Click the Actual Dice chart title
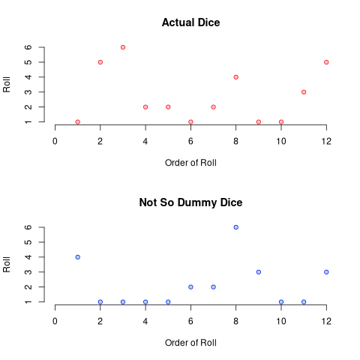tap(190, 22)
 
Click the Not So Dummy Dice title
tap(190, 202)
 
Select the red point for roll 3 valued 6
tap(123, 47)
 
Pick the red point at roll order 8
tap(236, 77)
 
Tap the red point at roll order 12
tap(326, 62)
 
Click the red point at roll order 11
tap(304, 92)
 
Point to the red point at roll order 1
tap(78, 122)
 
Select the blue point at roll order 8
tap(236, 227)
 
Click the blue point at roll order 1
tap(78, 257)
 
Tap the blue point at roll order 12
tap(326, 272)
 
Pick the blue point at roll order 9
tap(259, 272)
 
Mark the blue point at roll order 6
tap(190, 287)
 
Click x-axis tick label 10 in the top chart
tap(281, 142)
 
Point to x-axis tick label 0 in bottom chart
tap(55, 322)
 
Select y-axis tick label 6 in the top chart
tap(28, 47)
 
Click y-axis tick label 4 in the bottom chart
tap(28, 257)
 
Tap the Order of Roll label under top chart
tap(190, 163)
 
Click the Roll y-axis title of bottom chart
tap(7, 265)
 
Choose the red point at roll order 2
tap(100, 62)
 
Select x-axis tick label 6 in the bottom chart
tap(190, 322)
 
